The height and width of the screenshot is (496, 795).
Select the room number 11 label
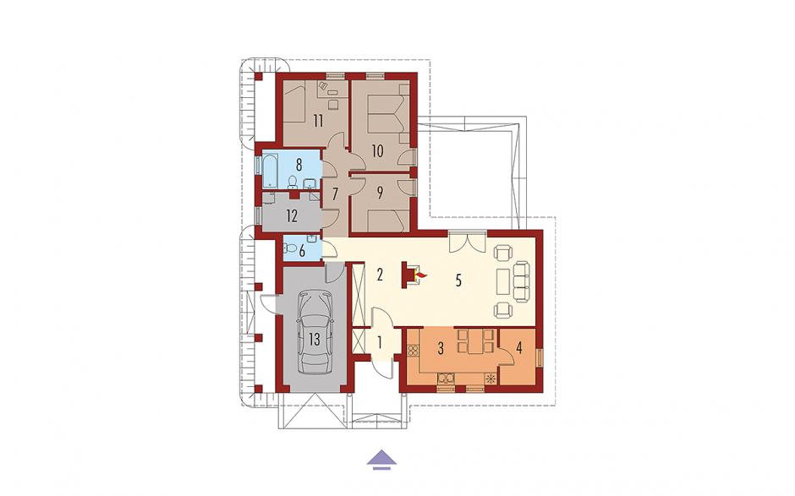click(x=318, y=121)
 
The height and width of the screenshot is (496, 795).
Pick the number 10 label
click(x=377, y=151)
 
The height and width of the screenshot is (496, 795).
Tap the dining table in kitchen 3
click(x=476, y=341)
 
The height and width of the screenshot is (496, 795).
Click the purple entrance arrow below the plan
click(x=381, y=459)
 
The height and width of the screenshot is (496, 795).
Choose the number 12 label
click(x=292, y=216)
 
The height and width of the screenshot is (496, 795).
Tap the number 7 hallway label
click(x=335, y=194)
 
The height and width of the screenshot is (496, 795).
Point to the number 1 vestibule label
click(x=379, y=342)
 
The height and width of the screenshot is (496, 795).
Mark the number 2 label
click(x=379, y=275)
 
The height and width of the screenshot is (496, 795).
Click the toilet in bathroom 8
click(x=293, y=183)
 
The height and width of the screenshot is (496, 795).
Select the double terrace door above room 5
click(x=468, y=241)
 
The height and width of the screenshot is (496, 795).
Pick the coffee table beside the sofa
click(x=503, y=281)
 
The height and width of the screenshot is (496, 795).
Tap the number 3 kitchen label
click(x=441, y=348)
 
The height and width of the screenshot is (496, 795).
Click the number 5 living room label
click(x=458, y=281)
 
